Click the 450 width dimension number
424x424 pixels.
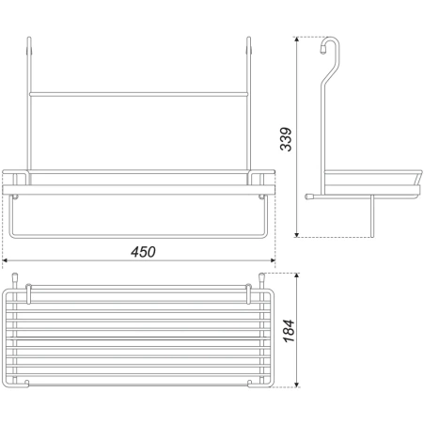coord(143,252)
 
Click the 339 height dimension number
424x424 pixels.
coord(286,139)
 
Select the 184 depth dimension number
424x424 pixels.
coord(289,331)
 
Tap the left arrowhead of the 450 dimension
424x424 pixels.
coord(5,260)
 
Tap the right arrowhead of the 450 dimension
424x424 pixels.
coord(273,260)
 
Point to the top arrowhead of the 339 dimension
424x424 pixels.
coord(296,39)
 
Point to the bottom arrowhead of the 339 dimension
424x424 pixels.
coord(296,234)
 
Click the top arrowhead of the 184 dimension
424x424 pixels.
coord(297,275)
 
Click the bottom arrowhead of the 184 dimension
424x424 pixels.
coord(297,385)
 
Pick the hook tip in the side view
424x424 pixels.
coord(322,50)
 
